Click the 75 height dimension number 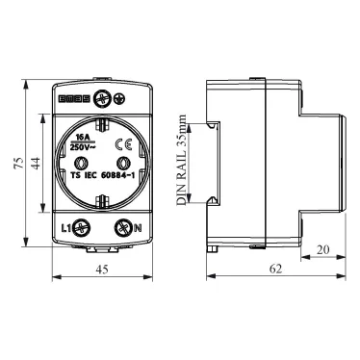coord(19,163)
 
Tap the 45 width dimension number coord(102,270)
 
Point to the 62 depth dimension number coord(275,269)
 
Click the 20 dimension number coord(322,249)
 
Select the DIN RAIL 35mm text coord(182,160)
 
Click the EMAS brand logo coord(74,99)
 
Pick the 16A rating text coord(82,138)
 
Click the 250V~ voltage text coord(83,148)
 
